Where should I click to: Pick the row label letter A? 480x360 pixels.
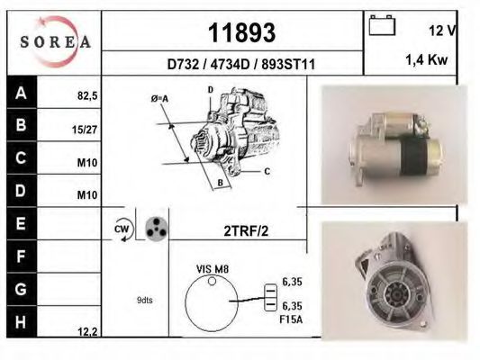21,92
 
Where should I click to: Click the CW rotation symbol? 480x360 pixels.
122,229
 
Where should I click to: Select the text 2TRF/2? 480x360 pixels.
246,230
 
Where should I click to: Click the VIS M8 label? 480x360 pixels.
212,269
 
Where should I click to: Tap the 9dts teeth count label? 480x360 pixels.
145,300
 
